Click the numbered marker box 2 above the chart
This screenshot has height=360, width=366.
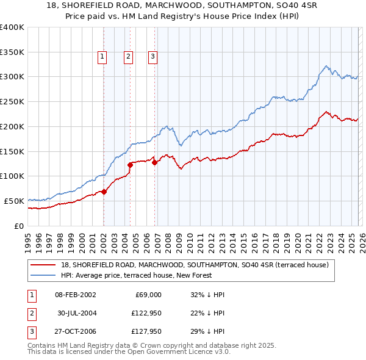pyautogui.click(x=128, y=57)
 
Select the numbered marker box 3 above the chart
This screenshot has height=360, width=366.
pyautogui.click(x=152, y=57)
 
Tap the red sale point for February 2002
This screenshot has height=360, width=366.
pyautogui.click(x=104, y=192)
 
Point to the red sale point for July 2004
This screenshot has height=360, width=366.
pyautogui.click(x=130, y=165)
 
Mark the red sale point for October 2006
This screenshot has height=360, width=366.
pyautogui.click(x=154, y=162)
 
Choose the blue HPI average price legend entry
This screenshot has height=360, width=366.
pyautogui.click(x=136, y=275)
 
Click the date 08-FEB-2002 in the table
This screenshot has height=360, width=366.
pyautogui.click(x=75, y=295)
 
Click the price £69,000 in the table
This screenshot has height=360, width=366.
pyautogui.click(x=146, y=295)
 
